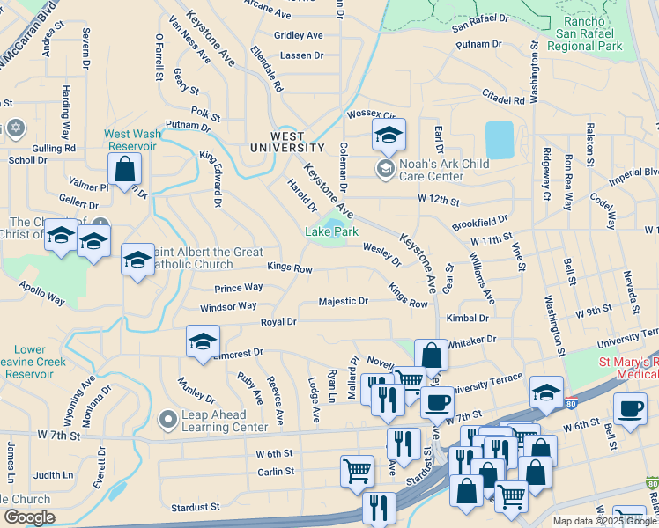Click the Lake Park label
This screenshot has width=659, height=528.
pos(331,231)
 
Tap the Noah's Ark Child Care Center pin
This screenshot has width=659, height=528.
pos(385,167)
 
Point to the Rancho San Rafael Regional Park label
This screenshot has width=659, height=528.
pos(583,33)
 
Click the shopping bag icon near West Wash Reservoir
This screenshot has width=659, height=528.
pos(125,169)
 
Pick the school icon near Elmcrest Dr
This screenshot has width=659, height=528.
pos(203,342)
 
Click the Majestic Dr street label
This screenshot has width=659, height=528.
pos(343,301)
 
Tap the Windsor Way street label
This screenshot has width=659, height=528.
pos(228,306)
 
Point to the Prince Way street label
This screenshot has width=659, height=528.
pos(239,287)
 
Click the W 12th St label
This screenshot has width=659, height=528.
pos(439,200)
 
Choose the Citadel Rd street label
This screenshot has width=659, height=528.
pos(503,94)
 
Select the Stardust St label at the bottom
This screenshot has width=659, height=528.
pos(195,507)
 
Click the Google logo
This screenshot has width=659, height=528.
pos(28,517)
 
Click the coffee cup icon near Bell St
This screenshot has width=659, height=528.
pos(629,409)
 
